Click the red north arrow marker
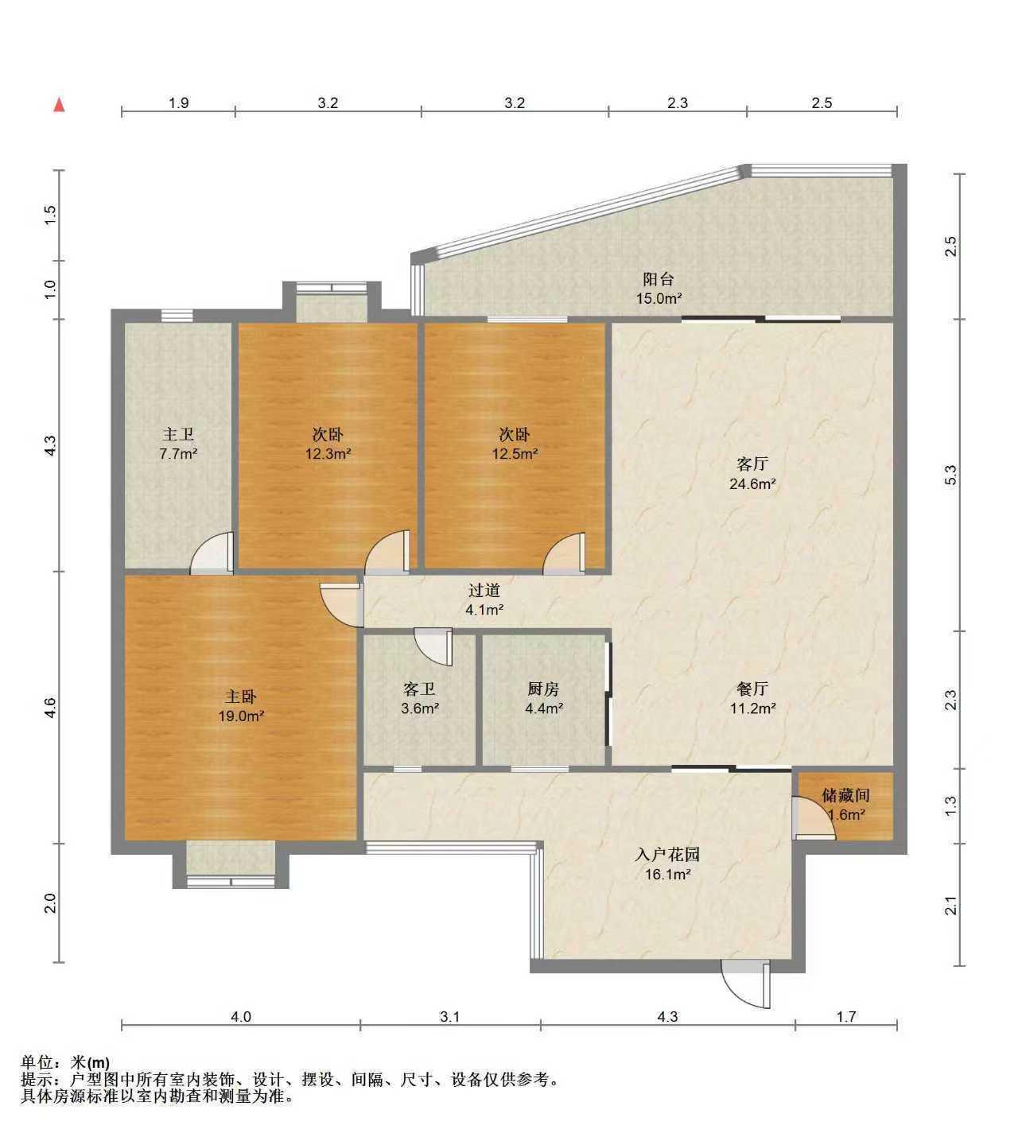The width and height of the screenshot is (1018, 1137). [59, 105]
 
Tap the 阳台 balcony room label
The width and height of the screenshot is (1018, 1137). [658, 279]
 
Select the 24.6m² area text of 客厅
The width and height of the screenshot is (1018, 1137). [752, 483]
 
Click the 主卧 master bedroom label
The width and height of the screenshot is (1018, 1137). [241, 697]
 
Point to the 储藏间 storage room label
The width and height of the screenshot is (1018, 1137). [845, 794]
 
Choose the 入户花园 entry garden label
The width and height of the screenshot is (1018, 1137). [667, 854]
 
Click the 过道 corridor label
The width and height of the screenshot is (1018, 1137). [484, 590]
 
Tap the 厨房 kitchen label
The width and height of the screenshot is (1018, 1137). [543, 689]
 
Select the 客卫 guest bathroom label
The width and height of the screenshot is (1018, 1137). [419, 689]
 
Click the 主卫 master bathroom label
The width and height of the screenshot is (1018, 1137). [178, 434]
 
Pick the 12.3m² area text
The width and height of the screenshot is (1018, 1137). [328, 453]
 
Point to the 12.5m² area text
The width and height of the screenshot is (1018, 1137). [515, 453]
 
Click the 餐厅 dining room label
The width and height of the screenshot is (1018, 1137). [752, 689]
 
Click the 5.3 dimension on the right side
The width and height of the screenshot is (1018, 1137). [950, 475]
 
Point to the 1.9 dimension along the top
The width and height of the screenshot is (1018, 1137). [179, 103]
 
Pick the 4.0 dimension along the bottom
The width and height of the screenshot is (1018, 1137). [241, 1016]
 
